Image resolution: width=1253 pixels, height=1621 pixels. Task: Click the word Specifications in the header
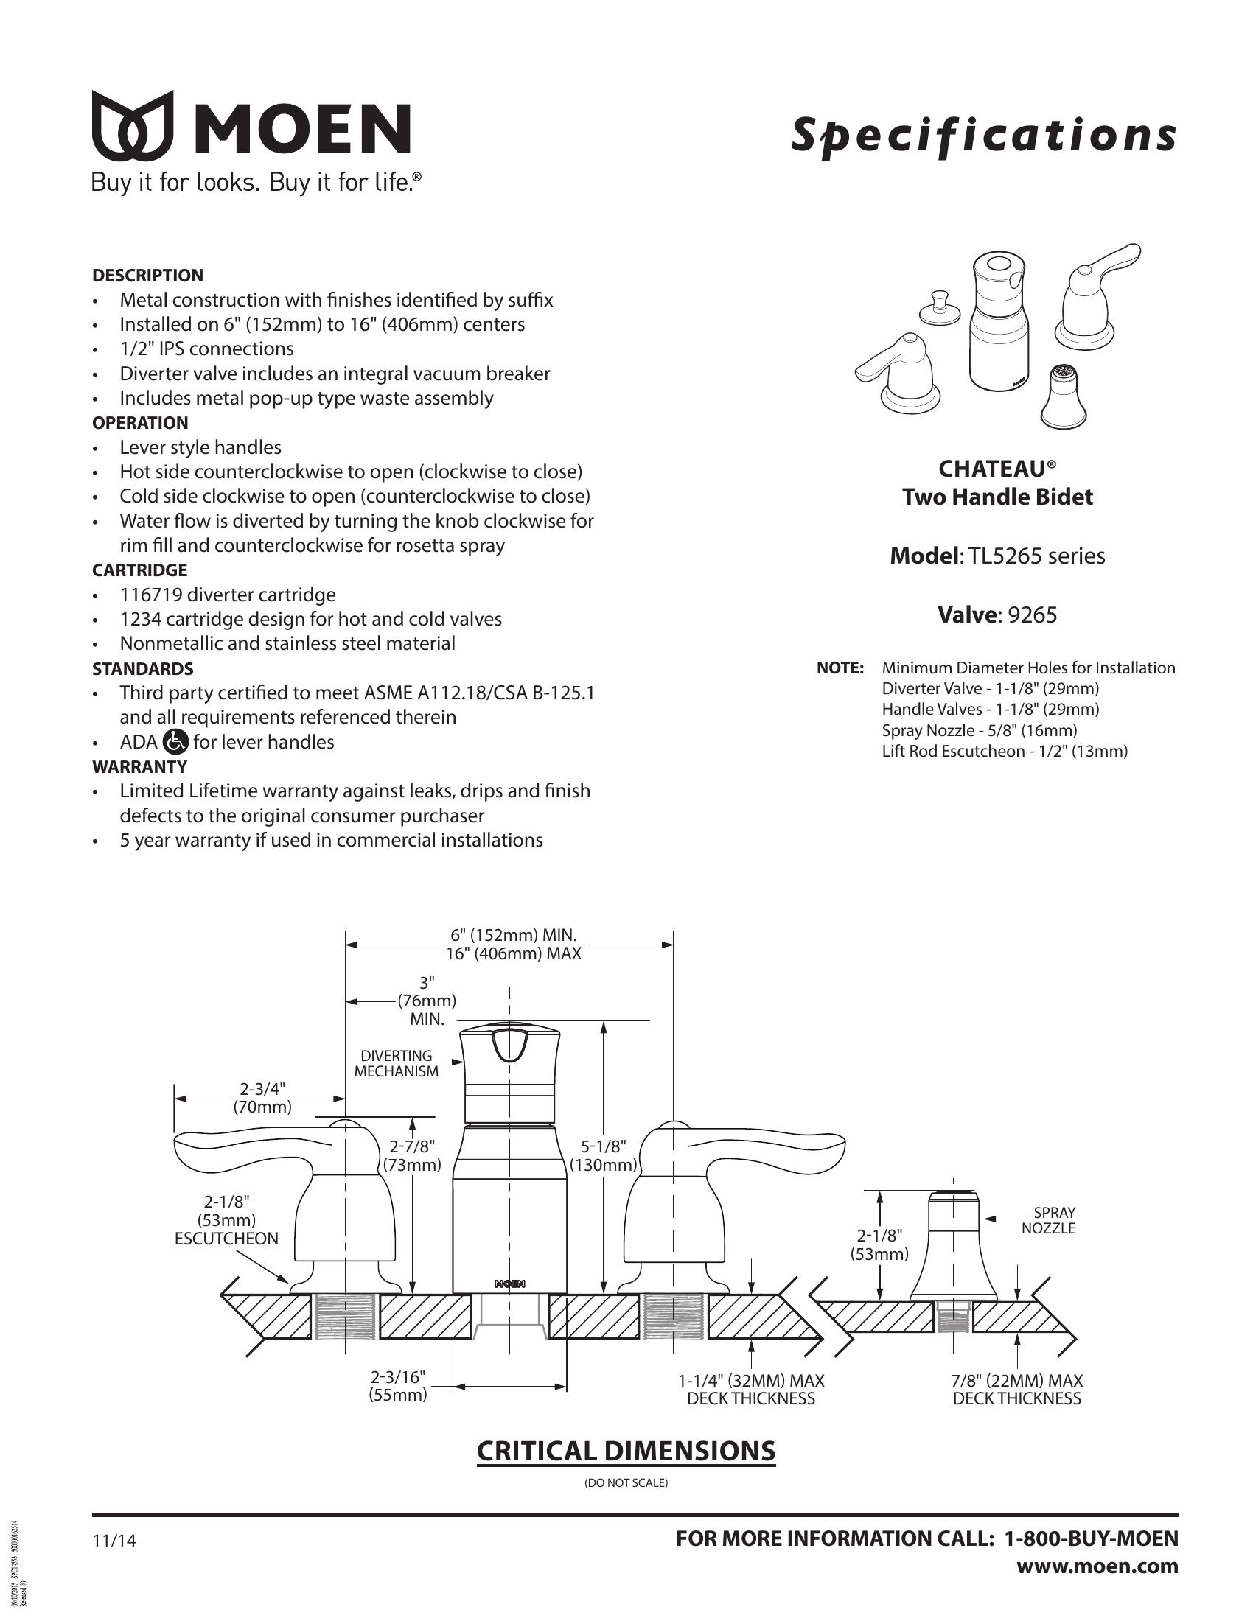(983, 136)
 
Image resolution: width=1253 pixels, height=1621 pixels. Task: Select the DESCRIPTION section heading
(147, 276)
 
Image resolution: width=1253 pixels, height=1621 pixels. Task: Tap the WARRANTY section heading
(139, 766)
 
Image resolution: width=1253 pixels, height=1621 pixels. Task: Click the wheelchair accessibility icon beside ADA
(175, 741)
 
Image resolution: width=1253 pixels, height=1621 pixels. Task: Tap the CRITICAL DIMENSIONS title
(626, 1451)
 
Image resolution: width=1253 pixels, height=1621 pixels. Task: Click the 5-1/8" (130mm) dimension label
(604, 1155)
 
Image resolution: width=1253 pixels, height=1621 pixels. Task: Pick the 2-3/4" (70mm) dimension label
(263, 1098)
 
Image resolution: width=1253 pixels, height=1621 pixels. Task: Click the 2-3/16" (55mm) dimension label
(398, 1386)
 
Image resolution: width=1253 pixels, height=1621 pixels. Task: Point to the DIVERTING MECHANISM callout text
(397, 1063)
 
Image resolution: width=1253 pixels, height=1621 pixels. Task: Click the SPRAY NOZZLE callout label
(1048, 1220)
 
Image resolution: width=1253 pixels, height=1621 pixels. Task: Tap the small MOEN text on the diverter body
(510, 1284)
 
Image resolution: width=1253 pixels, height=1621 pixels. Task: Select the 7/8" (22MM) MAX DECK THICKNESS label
(1017, 1390)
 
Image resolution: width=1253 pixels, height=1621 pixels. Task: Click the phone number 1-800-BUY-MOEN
(1091, 1538)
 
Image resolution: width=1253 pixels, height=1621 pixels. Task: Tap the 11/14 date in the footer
(114, 1541)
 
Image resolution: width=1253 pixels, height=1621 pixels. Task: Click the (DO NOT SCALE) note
(626, 1483)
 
